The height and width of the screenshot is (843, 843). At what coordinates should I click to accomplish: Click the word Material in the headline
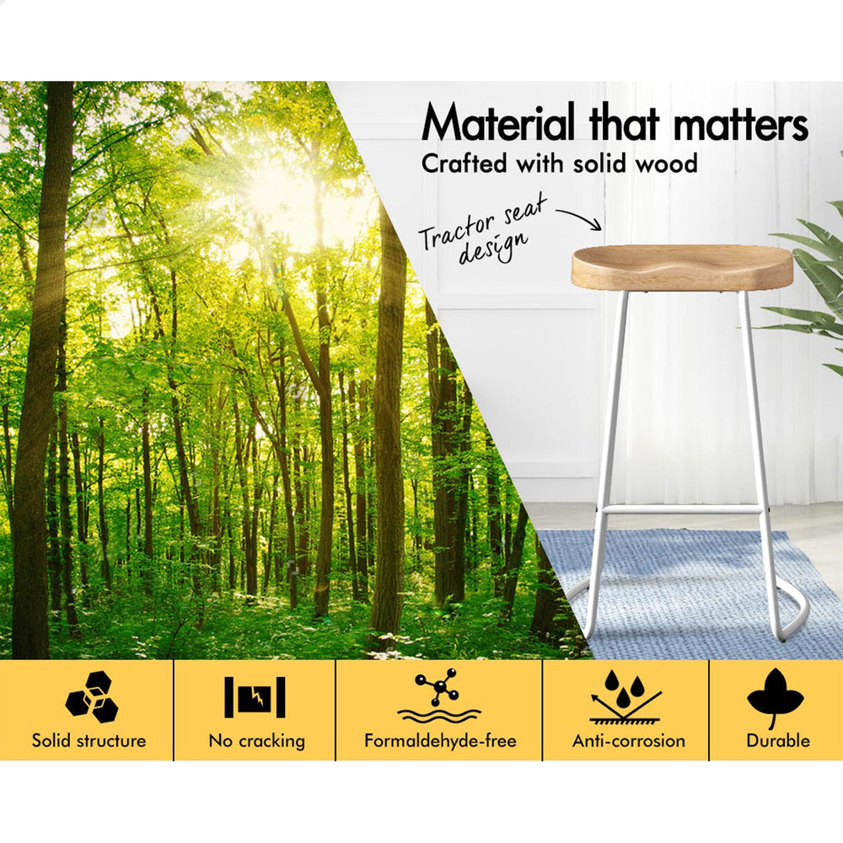498,122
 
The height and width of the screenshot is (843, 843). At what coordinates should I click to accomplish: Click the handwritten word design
492,248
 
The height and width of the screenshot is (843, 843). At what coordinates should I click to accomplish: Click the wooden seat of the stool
682,268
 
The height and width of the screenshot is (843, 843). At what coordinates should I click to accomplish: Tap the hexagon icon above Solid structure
91,696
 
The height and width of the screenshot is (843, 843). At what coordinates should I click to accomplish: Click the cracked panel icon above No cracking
255,697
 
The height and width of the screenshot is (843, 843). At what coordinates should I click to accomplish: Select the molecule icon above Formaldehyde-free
439,695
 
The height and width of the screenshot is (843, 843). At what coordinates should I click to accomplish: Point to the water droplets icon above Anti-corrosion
626,696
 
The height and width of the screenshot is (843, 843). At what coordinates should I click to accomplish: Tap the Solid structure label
89,740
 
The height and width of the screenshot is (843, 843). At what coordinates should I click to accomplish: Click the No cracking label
257,741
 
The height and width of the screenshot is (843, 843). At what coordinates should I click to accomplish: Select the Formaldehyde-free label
440,741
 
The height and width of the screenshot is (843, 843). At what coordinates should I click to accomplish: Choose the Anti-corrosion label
629,741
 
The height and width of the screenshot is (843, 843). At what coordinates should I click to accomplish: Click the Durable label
778,740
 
